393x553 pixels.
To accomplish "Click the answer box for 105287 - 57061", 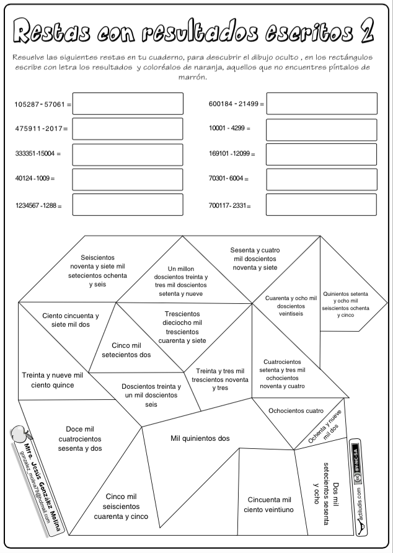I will tap(128, 104).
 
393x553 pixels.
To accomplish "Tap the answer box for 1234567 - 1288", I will tap(128, 204).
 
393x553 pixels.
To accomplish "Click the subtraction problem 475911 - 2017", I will tap(41, 129).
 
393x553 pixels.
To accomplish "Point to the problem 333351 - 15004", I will tap(38, 154).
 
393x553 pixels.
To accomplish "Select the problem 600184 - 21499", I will tap(236, 104).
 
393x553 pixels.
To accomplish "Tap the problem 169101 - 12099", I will tap(232, 154).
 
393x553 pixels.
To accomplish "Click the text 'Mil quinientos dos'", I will tap(200, 438).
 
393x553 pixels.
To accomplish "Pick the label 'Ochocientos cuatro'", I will tap(296, 410).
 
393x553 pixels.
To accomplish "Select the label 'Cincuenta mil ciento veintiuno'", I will tap(269, 505).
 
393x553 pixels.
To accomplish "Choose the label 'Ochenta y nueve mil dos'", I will tap(325, 425).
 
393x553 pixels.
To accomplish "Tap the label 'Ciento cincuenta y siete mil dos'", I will tap(70, 320).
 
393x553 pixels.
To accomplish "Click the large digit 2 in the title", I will tap(367, 31).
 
